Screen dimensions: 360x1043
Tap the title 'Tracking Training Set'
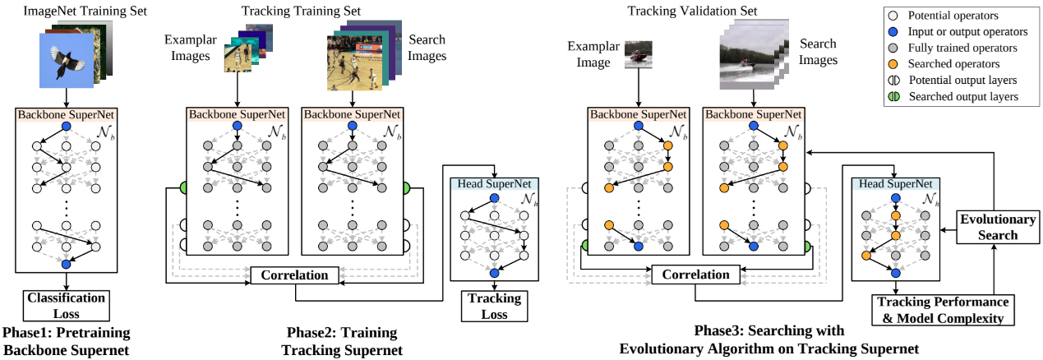tap(301, 11)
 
